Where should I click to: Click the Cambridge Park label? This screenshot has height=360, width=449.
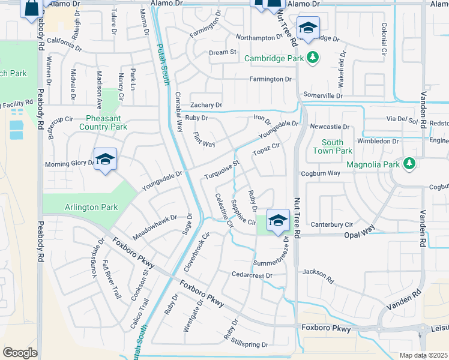click(274, 58)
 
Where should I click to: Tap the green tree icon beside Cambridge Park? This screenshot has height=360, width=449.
click(312, 58)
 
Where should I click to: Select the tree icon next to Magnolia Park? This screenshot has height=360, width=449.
click(409, 163)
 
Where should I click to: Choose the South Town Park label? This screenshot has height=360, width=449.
click(332, 146)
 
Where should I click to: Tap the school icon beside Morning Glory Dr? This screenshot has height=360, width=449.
click(106, 160)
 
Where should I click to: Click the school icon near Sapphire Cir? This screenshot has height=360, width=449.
click(278, 220)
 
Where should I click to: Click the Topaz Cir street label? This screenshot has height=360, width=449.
click(267, 149)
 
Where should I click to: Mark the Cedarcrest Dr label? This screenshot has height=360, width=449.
click(252, 275)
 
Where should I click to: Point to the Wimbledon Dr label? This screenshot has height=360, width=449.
click(378, 141)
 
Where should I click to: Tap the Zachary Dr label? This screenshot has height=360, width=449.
click(206, 104)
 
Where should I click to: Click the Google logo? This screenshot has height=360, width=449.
click(20, 353)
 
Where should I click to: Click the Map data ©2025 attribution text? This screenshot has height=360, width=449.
click(423, 355)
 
